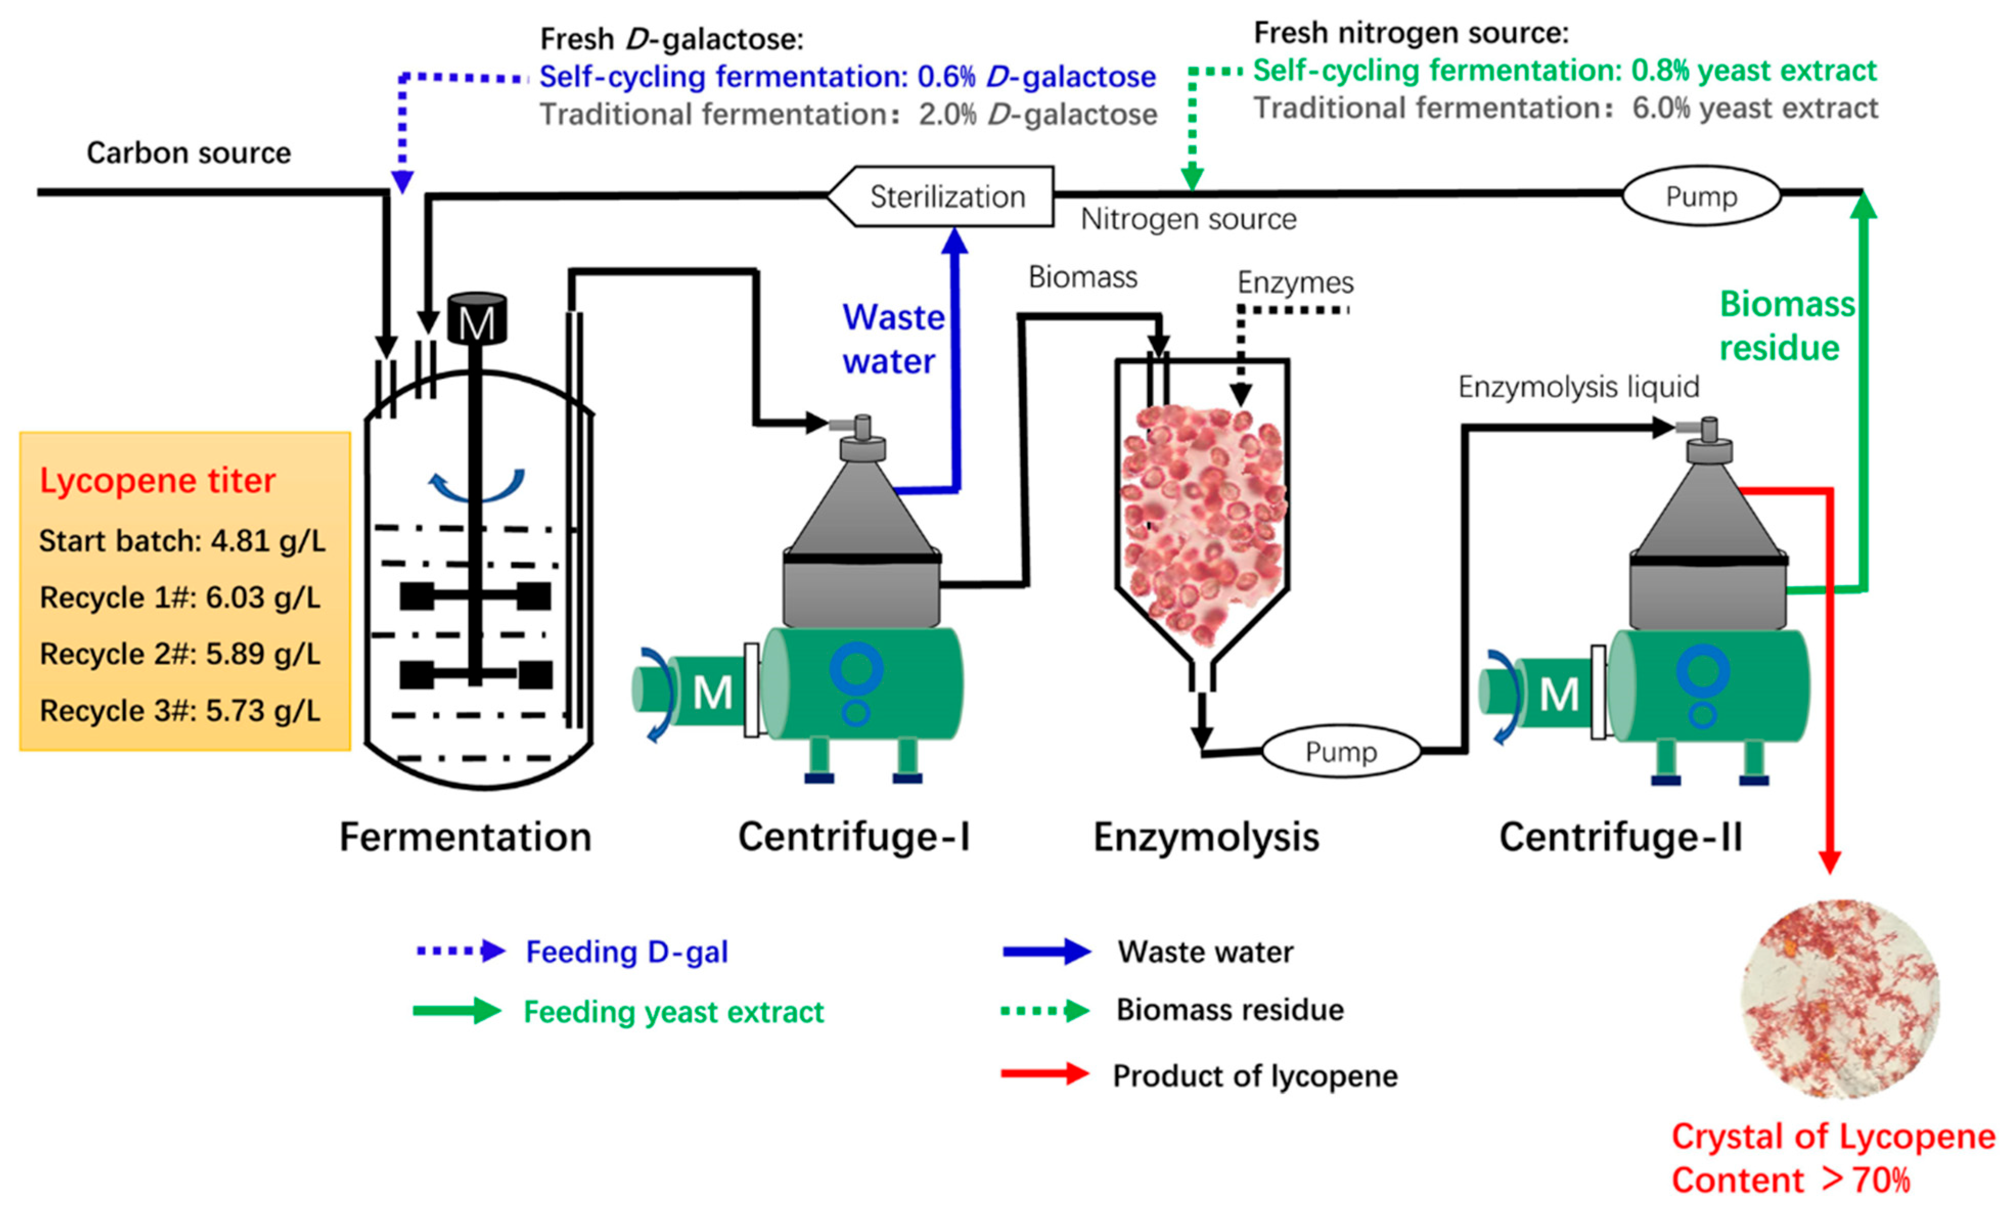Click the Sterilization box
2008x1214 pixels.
945,196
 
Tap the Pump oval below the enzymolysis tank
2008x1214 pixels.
1340,751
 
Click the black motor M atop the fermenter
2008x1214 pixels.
477,320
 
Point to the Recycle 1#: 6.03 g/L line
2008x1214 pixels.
180,598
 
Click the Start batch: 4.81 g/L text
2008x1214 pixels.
181,541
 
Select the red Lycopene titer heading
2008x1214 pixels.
157,480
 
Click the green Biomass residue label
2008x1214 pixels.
1785,326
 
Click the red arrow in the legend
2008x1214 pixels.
1045,1074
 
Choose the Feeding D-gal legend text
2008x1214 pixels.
626,952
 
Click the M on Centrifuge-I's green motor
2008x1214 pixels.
712,694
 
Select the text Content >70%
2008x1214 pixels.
1790,1180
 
